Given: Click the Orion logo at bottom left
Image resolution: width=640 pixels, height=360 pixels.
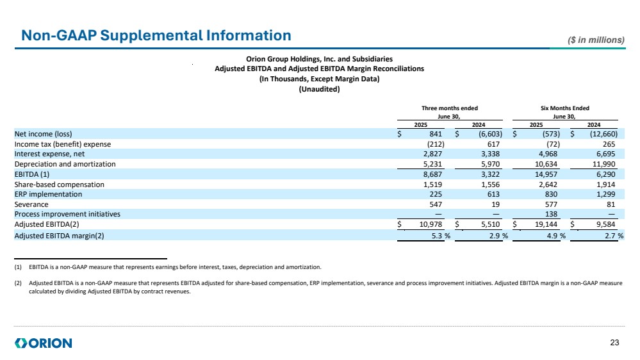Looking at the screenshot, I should [x=43, y=343].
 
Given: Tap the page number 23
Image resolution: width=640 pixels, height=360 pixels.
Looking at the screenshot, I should [x=615, y=343].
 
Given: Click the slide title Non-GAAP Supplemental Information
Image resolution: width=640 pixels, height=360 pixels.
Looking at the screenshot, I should [x=156, y=35].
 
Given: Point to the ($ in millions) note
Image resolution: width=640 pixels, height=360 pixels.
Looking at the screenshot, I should [x=596, y=40].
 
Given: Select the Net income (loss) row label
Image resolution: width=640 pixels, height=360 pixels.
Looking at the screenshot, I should [x=43, y=135].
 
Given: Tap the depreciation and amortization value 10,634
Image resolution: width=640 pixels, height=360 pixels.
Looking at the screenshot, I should [x=547, y=163].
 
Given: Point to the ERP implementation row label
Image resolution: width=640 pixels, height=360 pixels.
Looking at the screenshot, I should [x=49, y=194].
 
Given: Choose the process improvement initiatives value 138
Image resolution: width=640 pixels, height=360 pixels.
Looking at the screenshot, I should [x=552, y=214].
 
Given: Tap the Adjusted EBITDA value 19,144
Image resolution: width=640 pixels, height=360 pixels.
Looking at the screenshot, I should [x=547, y=224].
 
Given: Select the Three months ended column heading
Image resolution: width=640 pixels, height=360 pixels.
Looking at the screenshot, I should [x=449, y=108].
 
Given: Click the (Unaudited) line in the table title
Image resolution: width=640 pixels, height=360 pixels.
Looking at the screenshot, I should [x=319, y=89].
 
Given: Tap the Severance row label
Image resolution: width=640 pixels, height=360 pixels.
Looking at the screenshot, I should [x=31, y=204].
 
